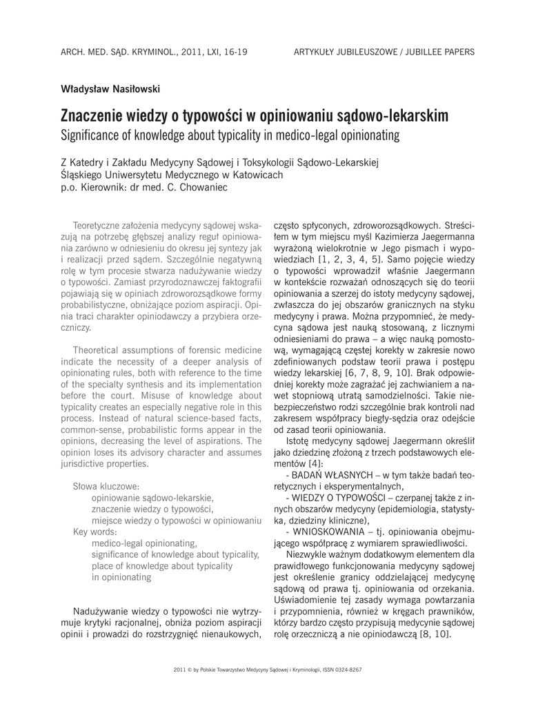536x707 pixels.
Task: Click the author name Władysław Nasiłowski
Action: pyautogui.click(x=110, y=88)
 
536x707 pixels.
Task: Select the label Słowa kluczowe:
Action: pyautogui.click(x=107, y=486)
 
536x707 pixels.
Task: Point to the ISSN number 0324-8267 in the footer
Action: pyautogui.click(x=346, y=670)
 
